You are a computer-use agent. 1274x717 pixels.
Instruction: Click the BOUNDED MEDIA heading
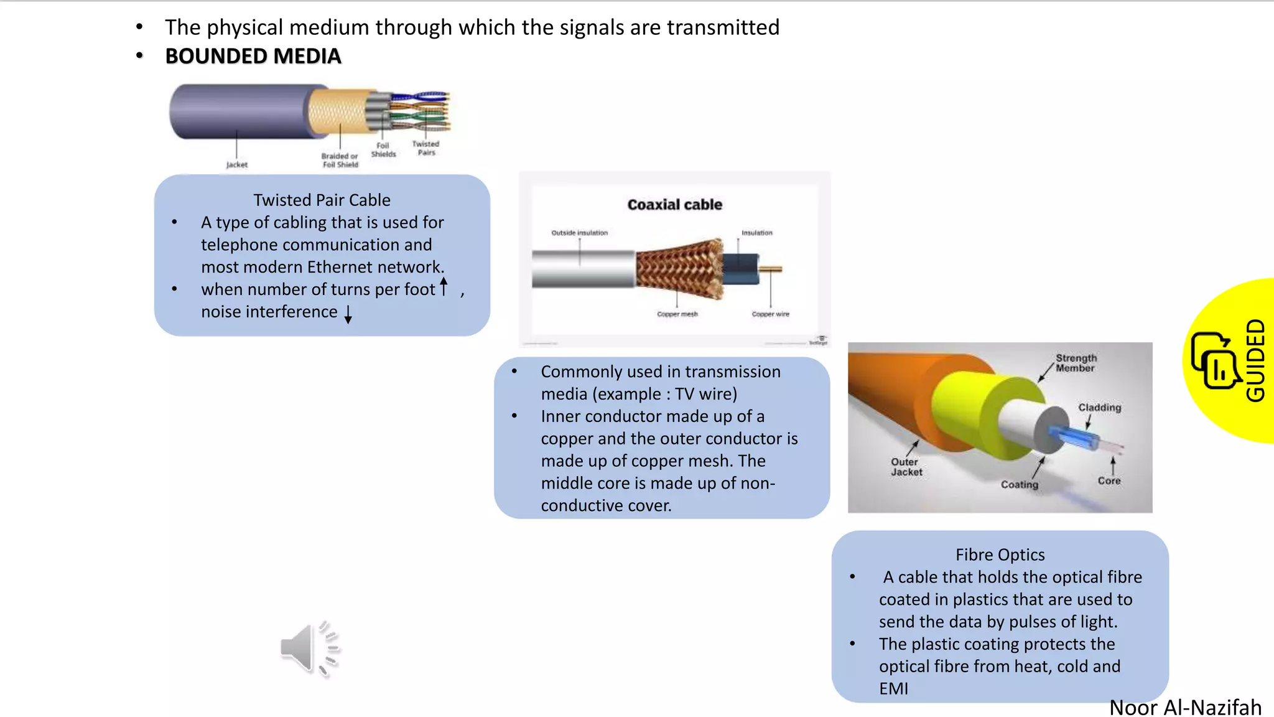tap(253, 57)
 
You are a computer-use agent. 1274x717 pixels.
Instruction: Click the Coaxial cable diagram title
tap(674, 205)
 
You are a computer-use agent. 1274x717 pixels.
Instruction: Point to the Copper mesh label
tap(677, 314)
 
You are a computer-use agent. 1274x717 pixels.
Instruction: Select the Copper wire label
tap(770, 314)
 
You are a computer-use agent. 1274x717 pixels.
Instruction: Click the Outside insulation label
tap(579, 233)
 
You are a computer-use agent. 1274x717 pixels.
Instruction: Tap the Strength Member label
tap(1076, 363)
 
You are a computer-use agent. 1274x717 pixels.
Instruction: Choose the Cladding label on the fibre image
tap(1099, 408)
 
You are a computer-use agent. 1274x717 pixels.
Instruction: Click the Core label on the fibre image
tap(1109, 480)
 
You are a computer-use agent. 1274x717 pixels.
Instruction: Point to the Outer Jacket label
tap(906, 467)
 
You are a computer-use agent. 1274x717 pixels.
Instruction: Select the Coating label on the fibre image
tap(1019, 484)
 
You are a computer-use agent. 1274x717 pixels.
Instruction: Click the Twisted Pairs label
tap(425, 148)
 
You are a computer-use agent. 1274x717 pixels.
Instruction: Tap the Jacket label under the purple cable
tap(236, 165)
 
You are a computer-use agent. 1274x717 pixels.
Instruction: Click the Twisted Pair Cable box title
tap(322, 200)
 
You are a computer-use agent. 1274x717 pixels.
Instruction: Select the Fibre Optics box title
tap(1000, 555)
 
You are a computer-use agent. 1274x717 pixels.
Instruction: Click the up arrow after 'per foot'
tap(444, 287)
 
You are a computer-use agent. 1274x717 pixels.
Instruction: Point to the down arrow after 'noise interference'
tap(348, 314)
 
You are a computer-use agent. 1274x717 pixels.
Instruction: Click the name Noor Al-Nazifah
tap(1185, 708)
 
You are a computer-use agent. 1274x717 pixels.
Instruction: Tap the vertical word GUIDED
tap(1255, 360)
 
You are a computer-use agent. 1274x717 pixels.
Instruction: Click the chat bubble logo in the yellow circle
tap(1213, 361)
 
